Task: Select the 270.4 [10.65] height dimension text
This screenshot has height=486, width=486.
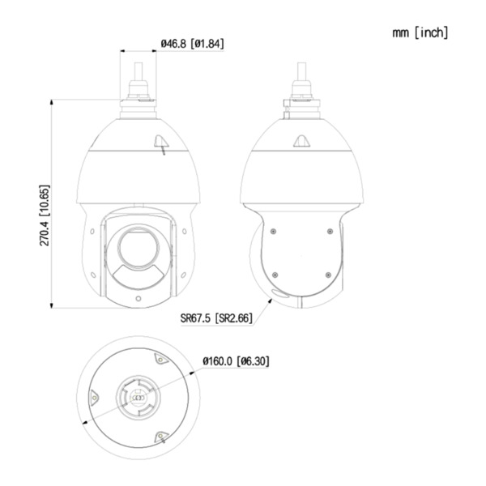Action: (45, 215)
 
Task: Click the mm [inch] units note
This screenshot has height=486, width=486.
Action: (419, 32)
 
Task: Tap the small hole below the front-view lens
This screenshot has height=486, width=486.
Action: (137, 298)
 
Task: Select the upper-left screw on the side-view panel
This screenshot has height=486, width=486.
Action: (274, 230)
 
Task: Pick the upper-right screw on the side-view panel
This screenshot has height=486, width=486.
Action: (329, 230)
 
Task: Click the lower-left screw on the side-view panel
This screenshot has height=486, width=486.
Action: (274, 273)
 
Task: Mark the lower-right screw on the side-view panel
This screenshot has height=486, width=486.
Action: (329, 273)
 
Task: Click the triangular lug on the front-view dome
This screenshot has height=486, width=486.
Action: (161, 143)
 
